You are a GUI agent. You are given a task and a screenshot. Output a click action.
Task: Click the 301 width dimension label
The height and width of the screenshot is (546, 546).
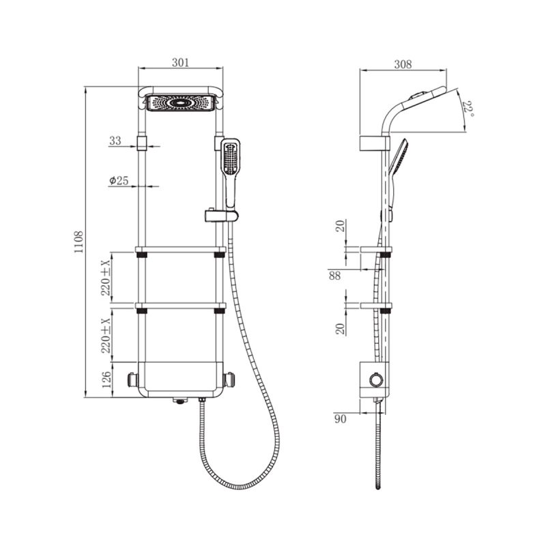pos(180,63)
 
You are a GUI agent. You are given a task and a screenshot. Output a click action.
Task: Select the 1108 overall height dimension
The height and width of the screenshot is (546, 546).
pos(78,242)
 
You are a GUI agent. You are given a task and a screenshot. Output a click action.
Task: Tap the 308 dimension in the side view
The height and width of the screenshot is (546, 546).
pos(403,64)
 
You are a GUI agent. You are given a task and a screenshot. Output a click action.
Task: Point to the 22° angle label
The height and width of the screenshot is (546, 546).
pos(468,109)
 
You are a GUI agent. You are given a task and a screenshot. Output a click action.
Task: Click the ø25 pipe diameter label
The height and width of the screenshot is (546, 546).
pos(119,180)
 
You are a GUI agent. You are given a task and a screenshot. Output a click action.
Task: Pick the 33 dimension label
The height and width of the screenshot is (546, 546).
pos(115,141)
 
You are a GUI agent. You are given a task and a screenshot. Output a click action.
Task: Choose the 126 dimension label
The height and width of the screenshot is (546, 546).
pos(106,380)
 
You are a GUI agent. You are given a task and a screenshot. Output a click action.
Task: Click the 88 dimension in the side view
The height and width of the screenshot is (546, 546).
pos(334,276)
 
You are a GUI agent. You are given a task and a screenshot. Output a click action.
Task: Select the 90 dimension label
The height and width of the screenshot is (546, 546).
pos(340,418)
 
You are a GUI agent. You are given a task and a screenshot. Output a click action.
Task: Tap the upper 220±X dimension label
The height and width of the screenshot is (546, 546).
pos(106,278)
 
